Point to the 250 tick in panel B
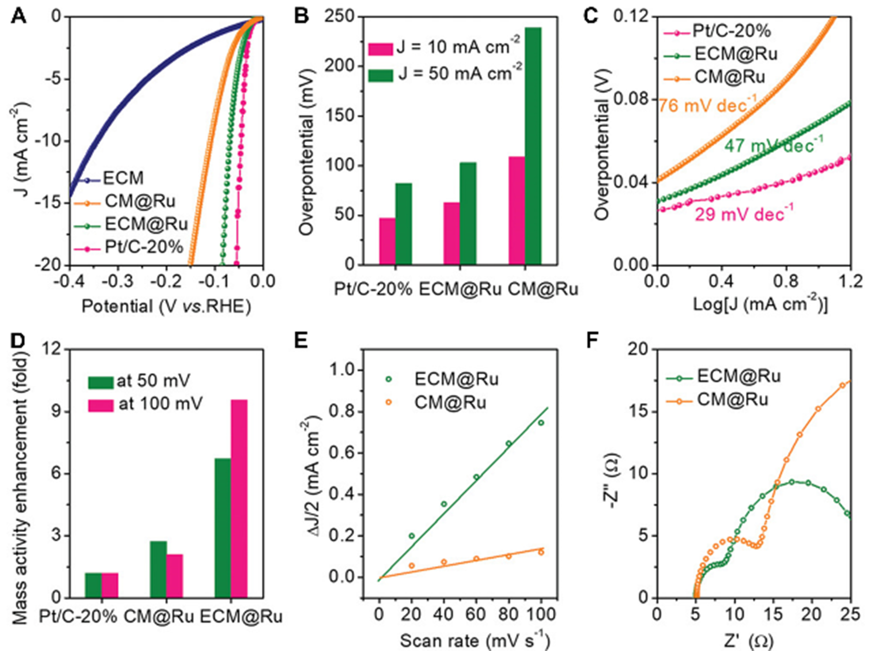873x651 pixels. pyautogui.click(x=344, y=17)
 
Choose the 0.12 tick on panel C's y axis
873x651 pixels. pyautogui.click(x=633, y=17)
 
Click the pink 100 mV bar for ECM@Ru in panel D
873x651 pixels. pyautogui.click(x=239, y=498)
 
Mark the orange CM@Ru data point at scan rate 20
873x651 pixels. pyautogui.click(x=412, y=565)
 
